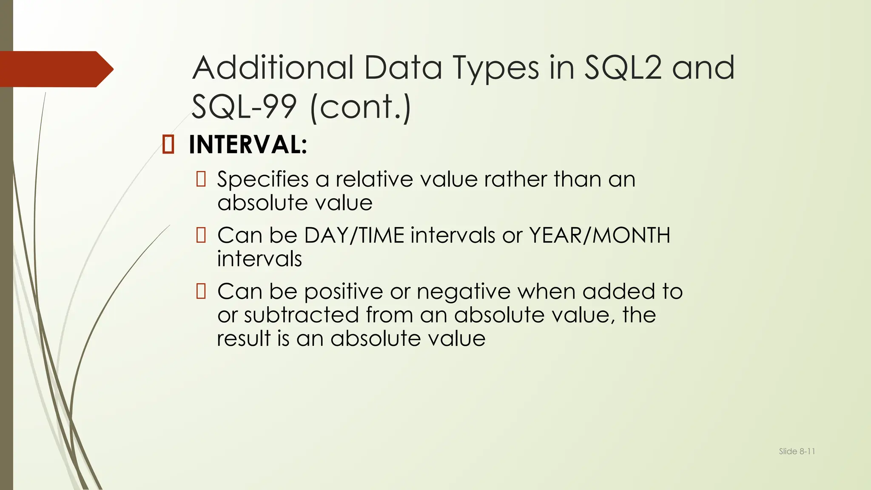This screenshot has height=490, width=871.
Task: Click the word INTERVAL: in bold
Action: click(x=248, y=145)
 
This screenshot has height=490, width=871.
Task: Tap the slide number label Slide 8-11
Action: click(x=797, y=451)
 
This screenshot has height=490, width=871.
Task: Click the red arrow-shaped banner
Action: click(x=55, y=69)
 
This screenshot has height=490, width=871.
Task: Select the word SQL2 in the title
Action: click(x=623, y=68)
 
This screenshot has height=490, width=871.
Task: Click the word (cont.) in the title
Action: click(x=361, y=107)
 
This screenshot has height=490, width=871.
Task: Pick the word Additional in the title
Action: click(x=273, y=68)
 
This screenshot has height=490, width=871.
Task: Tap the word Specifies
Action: click(x=263, y=179)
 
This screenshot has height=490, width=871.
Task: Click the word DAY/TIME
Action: click(x=354, y=235)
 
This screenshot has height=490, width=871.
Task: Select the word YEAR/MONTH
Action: click(x=599, y=235)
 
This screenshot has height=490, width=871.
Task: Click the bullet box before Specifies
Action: click(x=201, y=179)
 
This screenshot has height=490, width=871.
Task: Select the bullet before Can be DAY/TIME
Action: click(x=201, y=235)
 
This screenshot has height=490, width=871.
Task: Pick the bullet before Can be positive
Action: click(x=201, y=291)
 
